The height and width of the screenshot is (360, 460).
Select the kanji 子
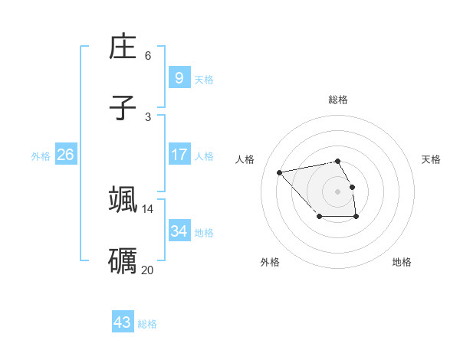pos(123,108)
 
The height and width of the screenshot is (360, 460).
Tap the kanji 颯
pos(123,199)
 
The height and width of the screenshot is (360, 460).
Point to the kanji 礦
pos(123,260)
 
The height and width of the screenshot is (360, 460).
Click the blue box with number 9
pos(179,77)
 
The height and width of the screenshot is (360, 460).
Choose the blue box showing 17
pos(179,155)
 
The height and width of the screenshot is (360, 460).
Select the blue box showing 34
pos(179,231)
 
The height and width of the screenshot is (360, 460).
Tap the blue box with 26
pos(65,155)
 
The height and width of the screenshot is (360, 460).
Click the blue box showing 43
pos(123,322)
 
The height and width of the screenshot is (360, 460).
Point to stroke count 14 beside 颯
pos(147,208)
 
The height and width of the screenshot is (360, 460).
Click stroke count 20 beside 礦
pos(147,270)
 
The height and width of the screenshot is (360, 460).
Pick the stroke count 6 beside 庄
pos(148,56)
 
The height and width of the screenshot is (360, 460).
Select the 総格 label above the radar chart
pos(338,100)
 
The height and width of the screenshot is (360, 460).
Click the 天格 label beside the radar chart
pos(431,159)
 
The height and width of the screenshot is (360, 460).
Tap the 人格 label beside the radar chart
pos(245,159)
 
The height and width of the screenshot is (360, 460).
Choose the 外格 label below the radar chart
pos(270,262)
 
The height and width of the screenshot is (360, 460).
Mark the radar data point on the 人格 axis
pos(280,172)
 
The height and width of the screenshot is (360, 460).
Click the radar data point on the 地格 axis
pos(356,217)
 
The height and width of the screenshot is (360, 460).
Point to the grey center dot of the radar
pos(337,191)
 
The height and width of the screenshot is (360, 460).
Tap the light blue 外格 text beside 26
pos(41,155)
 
